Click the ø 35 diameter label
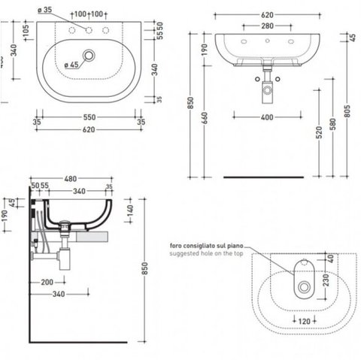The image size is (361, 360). [x=45, y=10]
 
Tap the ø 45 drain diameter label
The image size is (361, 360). [x=71, y=65]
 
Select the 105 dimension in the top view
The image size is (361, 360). [x=26, y=31]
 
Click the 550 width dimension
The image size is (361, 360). [x=89, y=117]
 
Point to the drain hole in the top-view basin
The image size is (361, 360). [x=89, y=56]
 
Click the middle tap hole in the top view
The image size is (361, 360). [x=89, y=30]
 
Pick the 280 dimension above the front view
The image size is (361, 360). [x=267, y=26]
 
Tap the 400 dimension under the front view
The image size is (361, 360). [x=267, y=117]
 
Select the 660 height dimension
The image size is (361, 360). [x=205, y=118]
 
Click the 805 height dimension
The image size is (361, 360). [x=347, y=111]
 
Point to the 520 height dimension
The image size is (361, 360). [x=319, y=133]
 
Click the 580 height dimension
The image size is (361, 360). [x=333, y=125]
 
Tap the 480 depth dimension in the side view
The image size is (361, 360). [x=71, y=179]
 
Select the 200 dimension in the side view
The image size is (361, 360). [x=47, y=283]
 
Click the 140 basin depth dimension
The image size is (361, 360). [x=130, y=210]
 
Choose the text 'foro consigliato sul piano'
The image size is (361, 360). [x=207, y=246]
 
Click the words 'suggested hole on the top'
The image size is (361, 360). [x=206, y=253]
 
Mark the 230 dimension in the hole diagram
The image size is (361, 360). [x=326, y=280]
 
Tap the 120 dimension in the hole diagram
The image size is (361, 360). [x=305, y=321]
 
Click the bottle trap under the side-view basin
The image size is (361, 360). [x=64, y=258]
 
